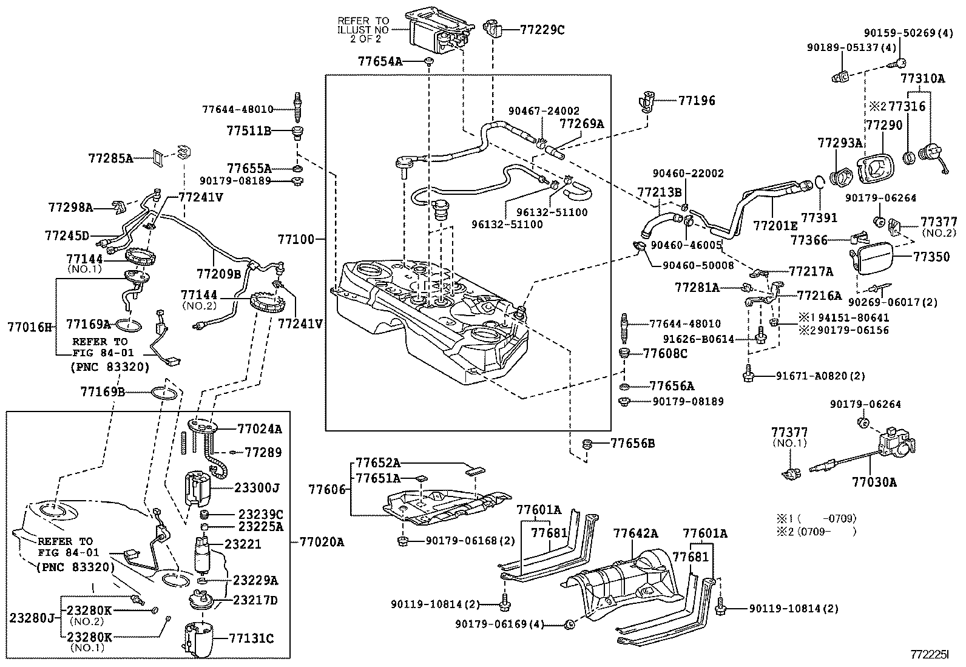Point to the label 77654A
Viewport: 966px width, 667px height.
(379, 61)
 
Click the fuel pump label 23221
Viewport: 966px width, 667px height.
(243, 544)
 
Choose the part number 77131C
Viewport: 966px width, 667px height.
(251, 638)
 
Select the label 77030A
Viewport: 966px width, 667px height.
(874, 482)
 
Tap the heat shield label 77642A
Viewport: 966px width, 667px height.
(635, 533)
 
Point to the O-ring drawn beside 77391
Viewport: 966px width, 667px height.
(818, 182)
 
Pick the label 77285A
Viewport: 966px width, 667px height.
(110, 158)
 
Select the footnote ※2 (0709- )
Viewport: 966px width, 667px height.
(816, 532)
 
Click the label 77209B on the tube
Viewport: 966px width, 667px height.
(218, 274)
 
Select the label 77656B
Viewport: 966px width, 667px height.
(632, 444)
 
